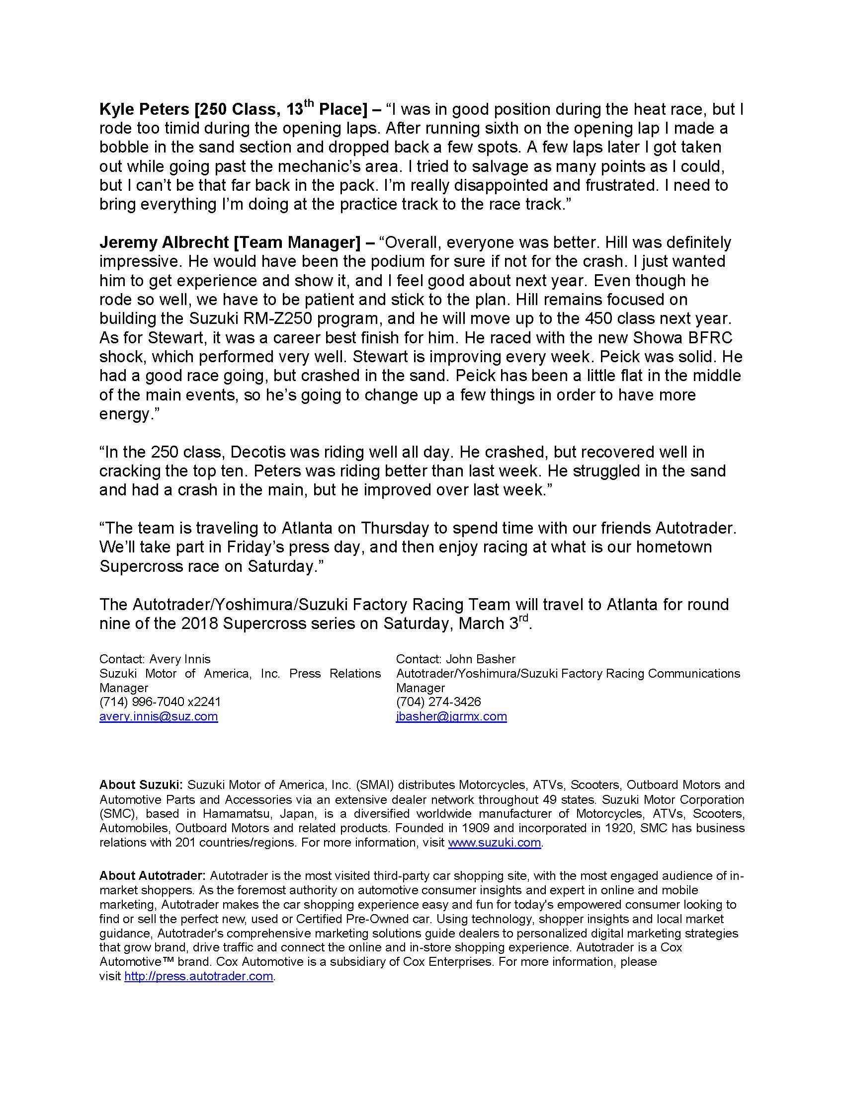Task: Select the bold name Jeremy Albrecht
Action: pyautogui.click(x=164, y=243)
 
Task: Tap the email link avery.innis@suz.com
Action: pyautogui.click(x=158, y=716)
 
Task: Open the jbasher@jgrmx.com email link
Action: pyautogui.click(x=451, y=716)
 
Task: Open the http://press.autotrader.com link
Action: pyautogui.click(x=199, y=976)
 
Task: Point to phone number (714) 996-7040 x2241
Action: pyautogui.click(x=160, y=702)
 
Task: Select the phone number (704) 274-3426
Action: pyautogui.click(x=438, y=702)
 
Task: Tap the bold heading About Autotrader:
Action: pyautogui.click(x=152, y=890)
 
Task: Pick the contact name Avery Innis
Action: pyautogui.click(x=180, y=659)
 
